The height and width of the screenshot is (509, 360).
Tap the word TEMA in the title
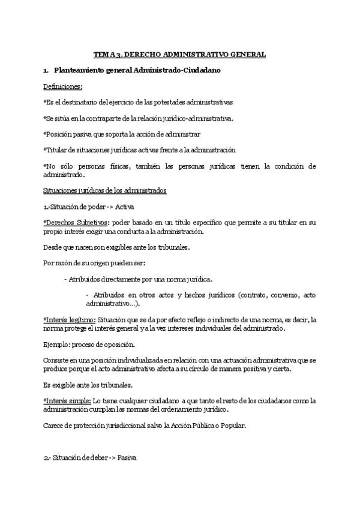[104, 55]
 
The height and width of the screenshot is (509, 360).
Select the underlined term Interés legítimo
[69, 319]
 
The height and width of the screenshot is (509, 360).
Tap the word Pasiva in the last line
[127, 457]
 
